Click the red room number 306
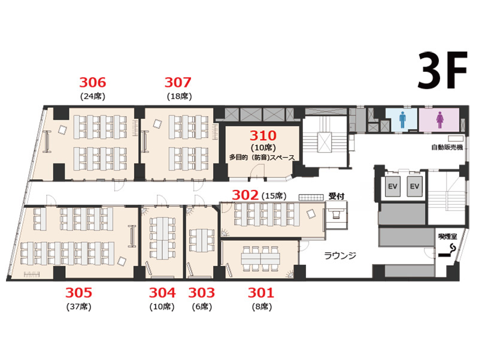coord(93,82)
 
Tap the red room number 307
coord(178,82)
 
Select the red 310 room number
coord(263,135)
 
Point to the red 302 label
coord(245,195)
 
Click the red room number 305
coord(78,293)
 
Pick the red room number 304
coord(162,293)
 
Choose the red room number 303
coord(202,293)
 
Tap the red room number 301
coord(261,293)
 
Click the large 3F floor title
coord(442,71)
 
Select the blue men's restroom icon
coord(402,120)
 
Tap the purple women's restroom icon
coord(440,120)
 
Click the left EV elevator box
coord(393,186)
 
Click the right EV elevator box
coord(414,186)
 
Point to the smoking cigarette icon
coord(447,250)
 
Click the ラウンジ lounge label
coord(340,255)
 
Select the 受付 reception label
coord(336,196)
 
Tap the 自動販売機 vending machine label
coord(447,147)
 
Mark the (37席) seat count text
coord(79,307)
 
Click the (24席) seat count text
coord(93,96)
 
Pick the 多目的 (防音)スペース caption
coord(262,158)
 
